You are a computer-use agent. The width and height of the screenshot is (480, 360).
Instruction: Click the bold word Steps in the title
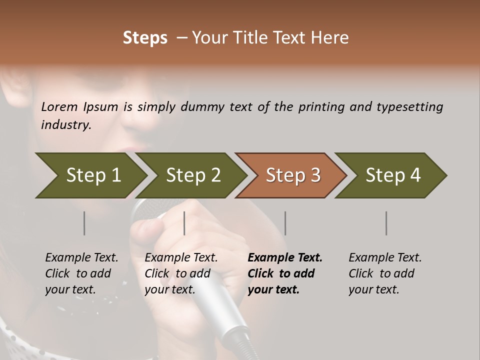(145, 38)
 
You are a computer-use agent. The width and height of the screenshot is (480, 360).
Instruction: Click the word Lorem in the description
(59, 106)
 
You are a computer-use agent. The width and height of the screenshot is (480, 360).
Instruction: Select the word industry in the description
(66, 124)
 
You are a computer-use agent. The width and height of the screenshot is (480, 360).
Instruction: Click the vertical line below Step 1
(84, 223)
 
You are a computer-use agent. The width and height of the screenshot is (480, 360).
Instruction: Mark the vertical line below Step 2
(184, 223)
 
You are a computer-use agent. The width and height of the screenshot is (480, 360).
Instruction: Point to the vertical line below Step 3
(285, 223)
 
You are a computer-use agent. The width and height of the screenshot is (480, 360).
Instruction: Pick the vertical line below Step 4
(386, 223)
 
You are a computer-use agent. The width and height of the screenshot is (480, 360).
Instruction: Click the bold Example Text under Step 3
(285, 257)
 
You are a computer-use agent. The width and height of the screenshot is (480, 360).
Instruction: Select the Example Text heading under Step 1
(81, 257)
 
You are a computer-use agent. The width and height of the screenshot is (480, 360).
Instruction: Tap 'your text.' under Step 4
(373, 289)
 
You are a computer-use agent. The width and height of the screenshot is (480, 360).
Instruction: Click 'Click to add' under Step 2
(177, 273)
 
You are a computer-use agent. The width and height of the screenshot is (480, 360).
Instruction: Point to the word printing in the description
(320, 106)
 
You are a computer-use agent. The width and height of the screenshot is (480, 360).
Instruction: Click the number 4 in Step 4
(415, 175)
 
